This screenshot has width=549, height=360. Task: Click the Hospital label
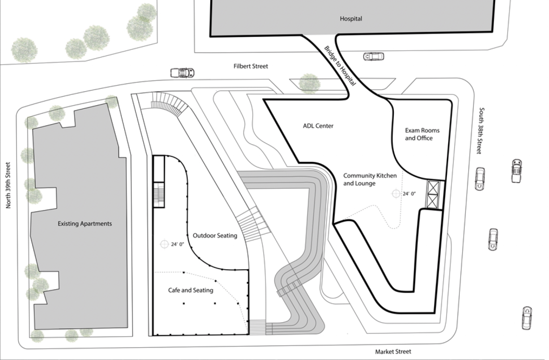tap(351, 18)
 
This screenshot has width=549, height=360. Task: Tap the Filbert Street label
tap(251, 66)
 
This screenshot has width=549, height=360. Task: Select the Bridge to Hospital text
tap(340, 65)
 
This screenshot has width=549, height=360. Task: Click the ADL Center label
tap(318, 126)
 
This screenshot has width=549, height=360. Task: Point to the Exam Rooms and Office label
tap(422, 134)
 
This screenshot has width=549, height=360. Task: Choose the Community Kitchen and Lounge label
tap(370, 179)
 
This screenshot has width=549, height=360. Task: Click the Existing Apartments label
tap(85, 223)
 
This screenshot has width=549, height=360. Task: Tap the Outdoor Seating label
tap(215, 235)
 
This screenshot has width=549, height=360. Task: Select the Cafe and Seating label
tap(191, 290)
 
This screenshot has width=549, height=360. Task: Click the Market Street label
tap(393, 352)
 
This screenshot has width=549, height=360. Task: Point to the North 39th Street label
tap(8, 185)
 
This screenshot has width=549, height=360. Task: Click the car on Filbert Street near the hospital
tap(373, 56)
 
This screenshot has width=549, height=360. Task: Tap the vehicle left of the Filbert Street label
tap(182, 73)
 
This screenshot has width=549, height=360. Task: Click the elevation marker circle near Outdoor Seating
tap(164, 244)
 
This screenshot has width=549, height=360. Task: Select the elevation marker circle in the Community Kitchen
tap(396, 194)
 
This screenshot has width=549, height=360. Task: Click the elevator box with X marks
tap(433, 195)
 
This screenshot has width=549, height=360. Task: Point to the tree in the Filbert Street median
tap(309, 83)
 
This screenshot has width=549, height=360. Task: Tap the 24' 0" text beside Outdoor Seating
tap(177, 244)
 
